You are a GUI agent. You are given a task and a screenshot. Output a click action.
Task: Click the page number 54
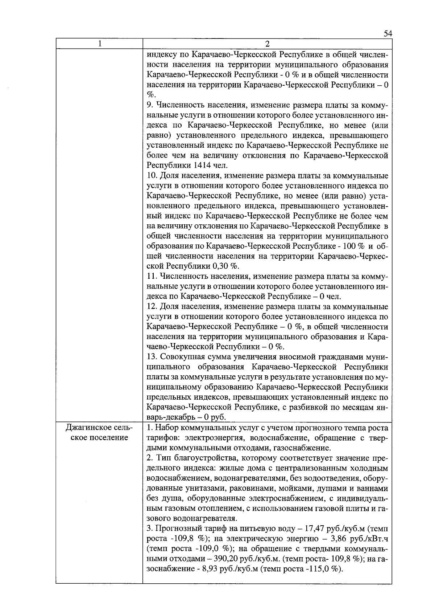[388, 34]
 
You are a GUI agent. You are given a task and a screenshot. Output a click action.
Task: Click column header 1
[99, 44]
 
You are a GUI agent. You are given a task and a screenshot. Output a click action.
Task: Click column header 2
[267, 44]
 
